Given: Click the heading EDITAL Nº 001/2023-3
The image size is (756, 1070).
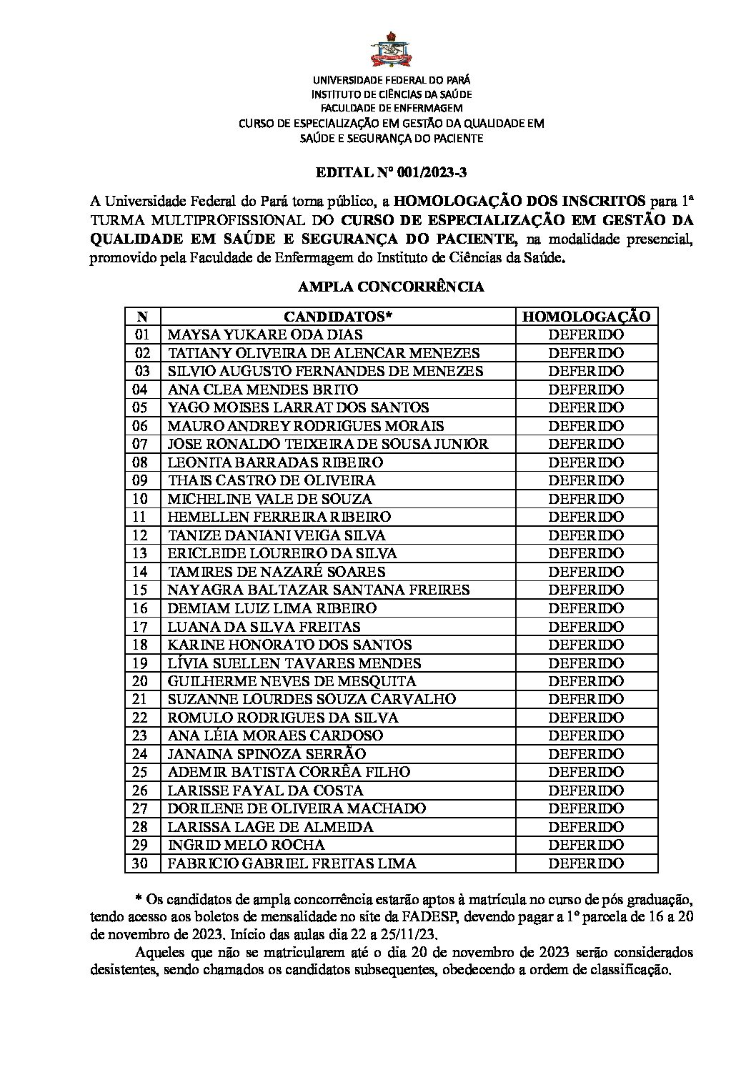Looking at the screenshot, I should [391, 173].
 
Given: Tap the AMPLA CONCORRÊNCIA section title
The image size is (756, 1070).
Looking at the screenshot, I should [391, 287].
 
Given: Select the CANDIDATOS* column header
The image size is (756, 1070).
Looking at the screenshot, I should [338, 317].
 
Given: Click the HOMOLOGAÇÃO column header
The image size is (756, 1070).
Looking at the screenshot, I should [586, 317].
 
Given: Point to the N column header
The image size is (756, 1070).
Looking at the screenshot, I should [142, 317].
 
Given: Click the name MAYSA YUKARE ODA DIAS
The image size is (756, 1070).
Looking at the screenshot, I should [264, 335].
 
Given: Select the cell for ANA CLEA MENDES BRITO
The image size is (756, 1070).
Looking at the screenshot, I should [262, 390].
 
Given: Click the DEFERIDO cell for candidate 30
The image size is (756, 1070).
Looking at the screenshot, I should [586, 863].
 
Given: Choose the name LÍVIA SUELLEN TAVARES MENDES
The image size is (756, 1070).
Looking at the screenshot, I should [294, 663].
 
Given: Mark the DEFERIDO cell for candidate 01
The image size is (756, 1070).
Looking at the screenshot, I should [586, 335].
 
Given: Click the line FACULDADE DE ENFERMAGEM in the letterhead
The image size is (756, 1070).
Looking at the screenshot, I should [391, 108].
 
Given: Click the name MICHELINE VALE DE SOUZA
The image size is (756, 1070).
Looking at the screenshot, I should [269, 499].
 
